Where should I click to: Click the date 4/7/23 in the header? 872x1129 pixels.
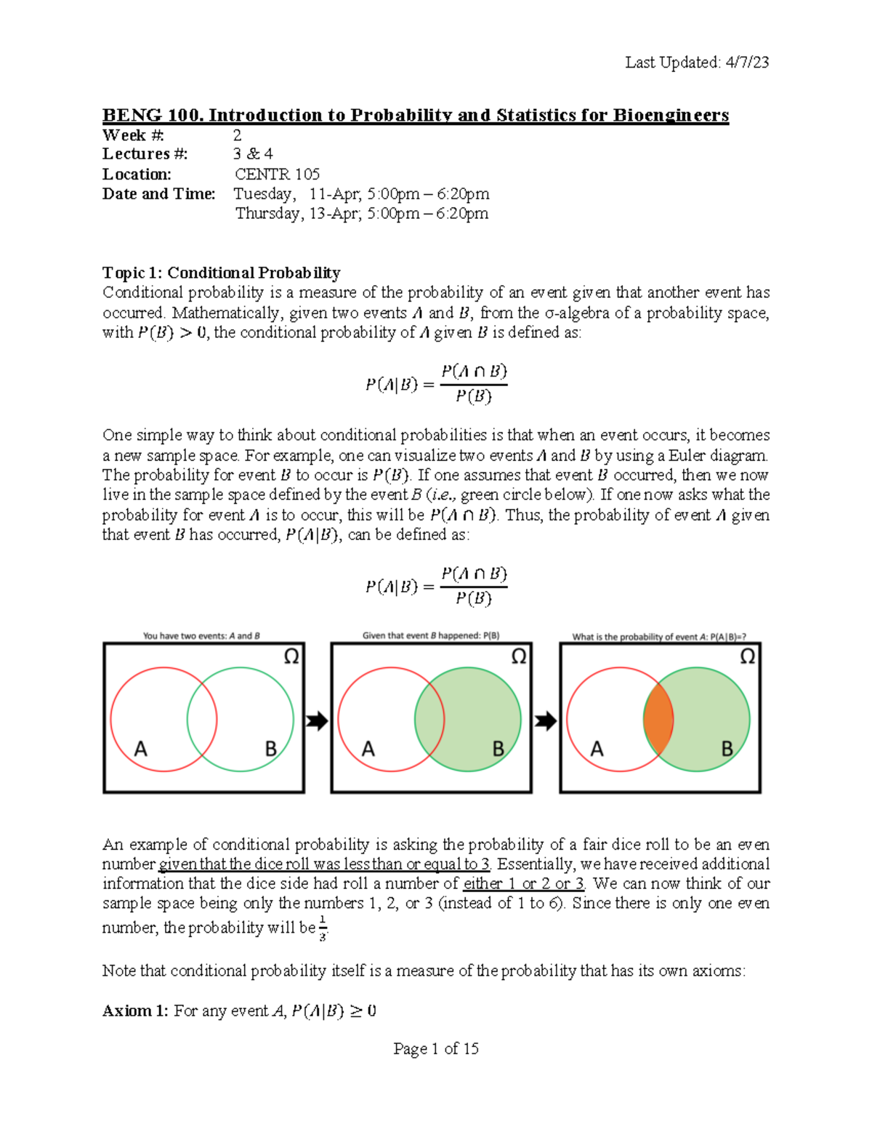747,63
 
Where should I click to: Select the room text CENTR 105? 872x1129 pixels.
277,174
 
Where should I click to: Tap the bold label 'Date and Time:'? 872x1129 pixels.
158,194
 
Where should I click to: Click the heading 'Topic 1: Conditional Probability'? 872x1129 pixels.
221,273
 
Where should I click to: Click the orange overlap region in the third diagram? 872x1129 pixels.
658,720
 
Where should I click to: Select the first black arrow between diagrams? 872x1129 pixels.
317,720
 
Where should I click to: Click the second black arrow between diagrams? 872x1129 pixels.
545,720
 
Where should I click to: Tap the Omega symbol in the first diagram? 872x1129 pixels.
291,657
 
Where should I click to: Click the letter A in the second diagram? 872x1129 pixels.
368,749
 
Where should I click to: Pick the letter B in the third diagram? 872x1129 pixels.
727,749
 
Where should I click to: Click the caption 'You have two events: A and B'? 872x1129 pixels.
201,635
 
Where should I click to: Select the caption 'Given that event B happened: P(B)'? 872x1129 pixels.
431,635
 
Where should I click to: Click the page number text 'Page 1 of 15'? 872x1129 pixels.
435,1048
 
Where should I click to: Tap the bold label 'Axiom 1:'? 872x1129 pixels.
136,1011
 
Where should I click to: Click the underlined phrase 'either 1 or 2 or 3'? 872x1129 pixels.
523,884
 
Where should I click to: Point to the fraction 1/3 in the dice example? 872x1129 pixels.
323,928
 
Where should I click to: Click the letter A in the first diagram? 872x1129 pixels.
140,749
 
